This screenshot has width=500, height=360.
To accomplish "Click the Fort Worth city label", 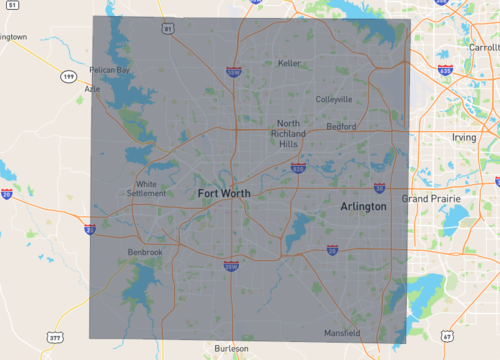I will pyautogui.click(x=224, y=192).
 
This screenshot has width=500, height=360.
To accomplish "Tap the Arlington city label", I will pyautogui.click(x=363, y=206).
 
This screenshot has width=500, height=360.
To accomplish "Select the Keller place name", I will pyautogui.click(x=289, y=63).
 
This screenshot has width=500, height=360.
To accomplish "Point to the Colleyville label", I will pyautogui.click(x=333, y=100).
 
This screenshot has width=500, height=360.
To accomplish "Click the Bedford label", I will pyautogui.click(x=341, y=127).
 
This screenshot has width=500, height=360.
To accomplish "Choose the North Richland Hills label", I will pyautogui.click(x=288, y=133).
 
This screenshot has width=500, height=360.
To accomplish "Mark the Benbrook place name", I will pyautogui.click(x=145, y=252).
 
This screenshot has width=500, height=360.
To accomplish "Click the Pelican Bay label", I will pyautogui.click(x=110, y=71).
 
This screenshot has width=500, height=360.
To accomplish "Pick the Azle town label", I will pyautogui.click(x=93, y=88).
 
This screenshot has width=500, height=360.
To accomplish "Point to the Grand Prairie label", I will pyautogui.click(x=428, y=199).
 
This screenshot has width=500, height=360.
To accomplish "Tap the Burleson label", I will pyautogui.click(x=232, y=349).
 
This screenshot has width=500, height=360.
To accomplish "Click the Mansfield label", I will pyautogui.click(x=341, y=332).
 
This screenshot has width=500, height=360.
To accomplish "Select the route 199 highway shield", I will pyautogui.click(x=67, y=76).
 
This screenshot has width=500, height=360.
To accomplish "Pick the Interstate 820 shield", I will pyautogui.click(x=298, y=169).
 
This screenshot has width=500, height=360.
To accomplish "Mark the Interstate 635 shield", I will pyautogui.click(x=444, y=71).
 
